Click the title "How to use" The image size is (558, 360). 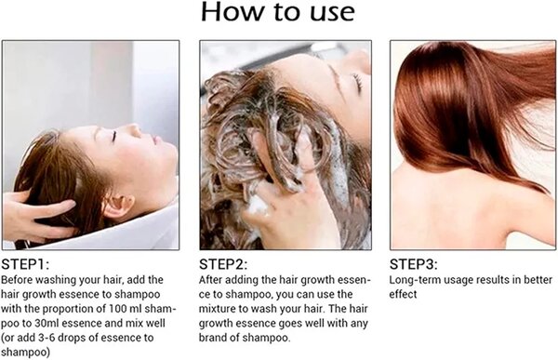278,13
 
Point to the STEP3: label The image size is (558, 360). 416,263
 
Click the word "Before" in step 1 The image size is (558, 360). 20,279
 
